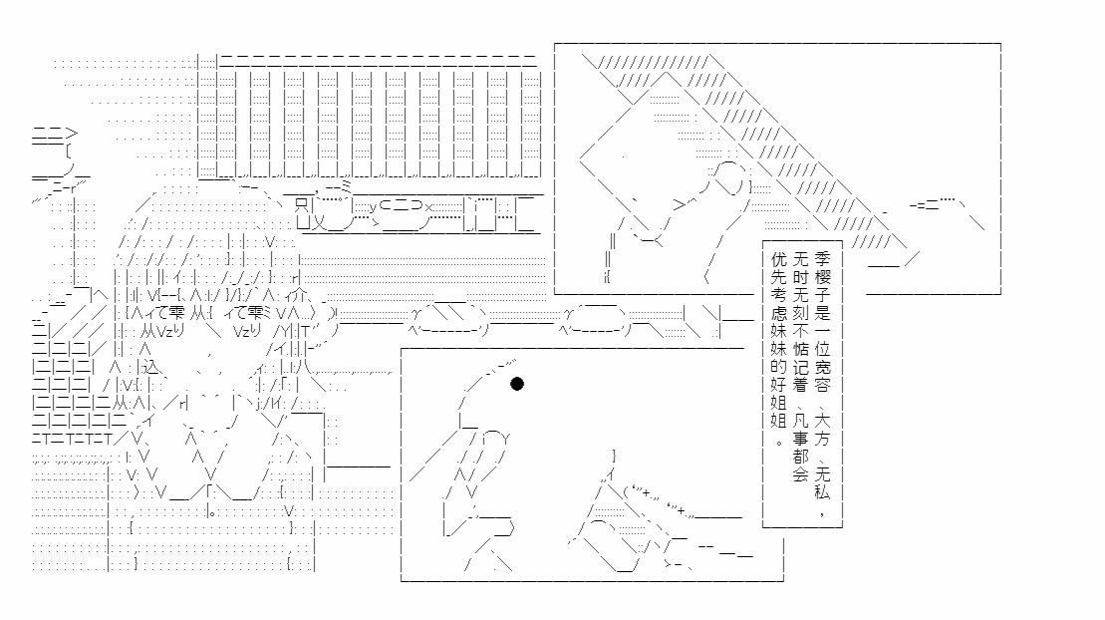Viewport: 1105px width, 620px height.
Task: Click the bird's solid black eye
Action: (x=517, y=385)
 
